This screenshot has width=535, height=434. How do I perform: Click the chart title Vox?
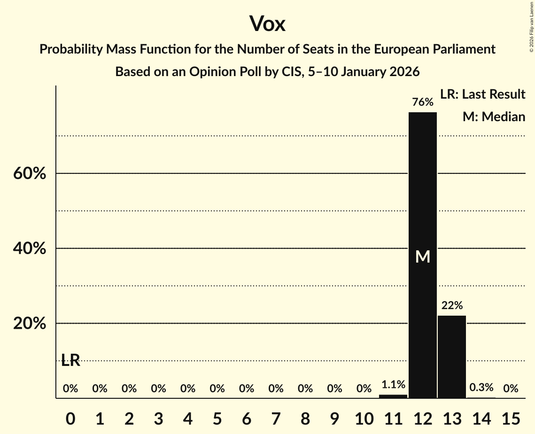(267, 24)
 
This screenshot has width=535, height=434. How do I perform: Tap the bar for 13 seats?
(452, 357)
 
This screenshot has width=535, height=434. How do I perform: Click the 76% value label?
(423, 102)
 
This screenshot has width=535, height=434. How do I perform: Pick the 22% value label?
(452, 306)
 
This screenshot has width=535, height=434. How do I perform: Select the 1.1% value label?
(393, 385)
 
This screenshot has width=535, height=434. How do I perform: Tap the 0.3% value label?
(481, 387)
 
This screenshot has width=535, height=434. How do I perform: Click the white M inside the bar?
(423, 256)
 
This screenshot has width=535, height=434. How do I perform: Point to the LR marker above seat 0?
(70, 360)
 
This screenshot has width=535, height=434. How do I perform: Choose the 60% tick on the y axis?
(29, 174)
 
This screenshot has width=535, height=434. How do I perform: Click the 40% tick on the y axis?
(29, 248)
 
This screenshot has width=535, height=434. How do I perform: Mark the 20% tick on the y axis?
(29, 324)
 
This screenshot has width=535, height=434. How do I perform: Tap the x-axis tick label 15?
(511, 417)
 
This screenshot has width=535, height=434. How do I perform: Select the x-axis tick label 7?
(276, 417)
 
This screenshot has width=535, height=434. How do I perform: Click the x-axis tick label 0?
(70, 417)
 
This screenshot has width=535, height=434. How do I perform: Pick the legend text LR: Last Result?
(482, 94)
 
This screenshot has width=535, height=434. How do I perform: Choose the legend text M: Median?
(494, 116)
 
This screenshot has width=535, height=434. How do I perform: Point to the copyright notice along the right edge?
(531, 25)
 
